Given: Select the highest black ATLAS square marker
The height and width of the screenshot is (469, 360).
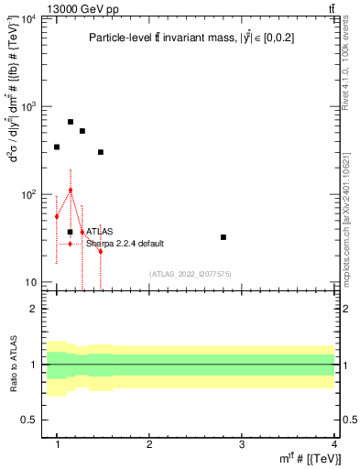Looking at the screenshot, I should click(x=71, y=121).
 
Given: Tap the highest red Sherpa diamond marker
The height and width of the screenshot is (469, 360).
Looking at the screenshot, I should click(x=71, y=191).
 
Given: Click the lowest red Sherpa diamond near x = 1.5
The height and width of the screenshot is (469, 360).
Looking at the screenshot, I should click(x=101, y=251).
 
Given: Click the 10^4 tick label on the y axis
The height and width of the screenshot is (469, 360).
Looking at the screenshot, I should click(x=29, y=19).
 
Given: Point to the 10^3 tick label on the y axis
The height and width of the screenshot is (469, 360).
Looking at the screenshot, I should click(x=29, y=107).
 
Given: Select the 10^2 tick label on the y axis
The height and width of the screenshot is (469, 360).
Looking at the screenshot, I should click(x=29, y=195).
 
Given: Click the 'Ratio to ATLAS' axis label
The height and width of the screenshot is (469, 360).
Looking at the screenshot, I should click(x=13, y=366).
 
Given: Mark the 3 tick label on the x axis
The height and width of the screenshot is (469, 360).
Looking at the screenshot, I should click(x=242, y=444).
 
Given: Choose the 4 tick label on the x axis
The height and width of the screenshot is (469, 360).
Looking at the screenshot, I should click(x=334, y=444).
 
